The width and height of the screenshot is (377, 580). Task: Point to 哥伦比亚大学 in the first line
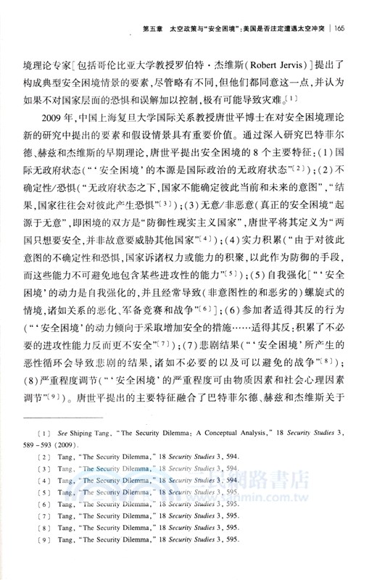tap(148, 54)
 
